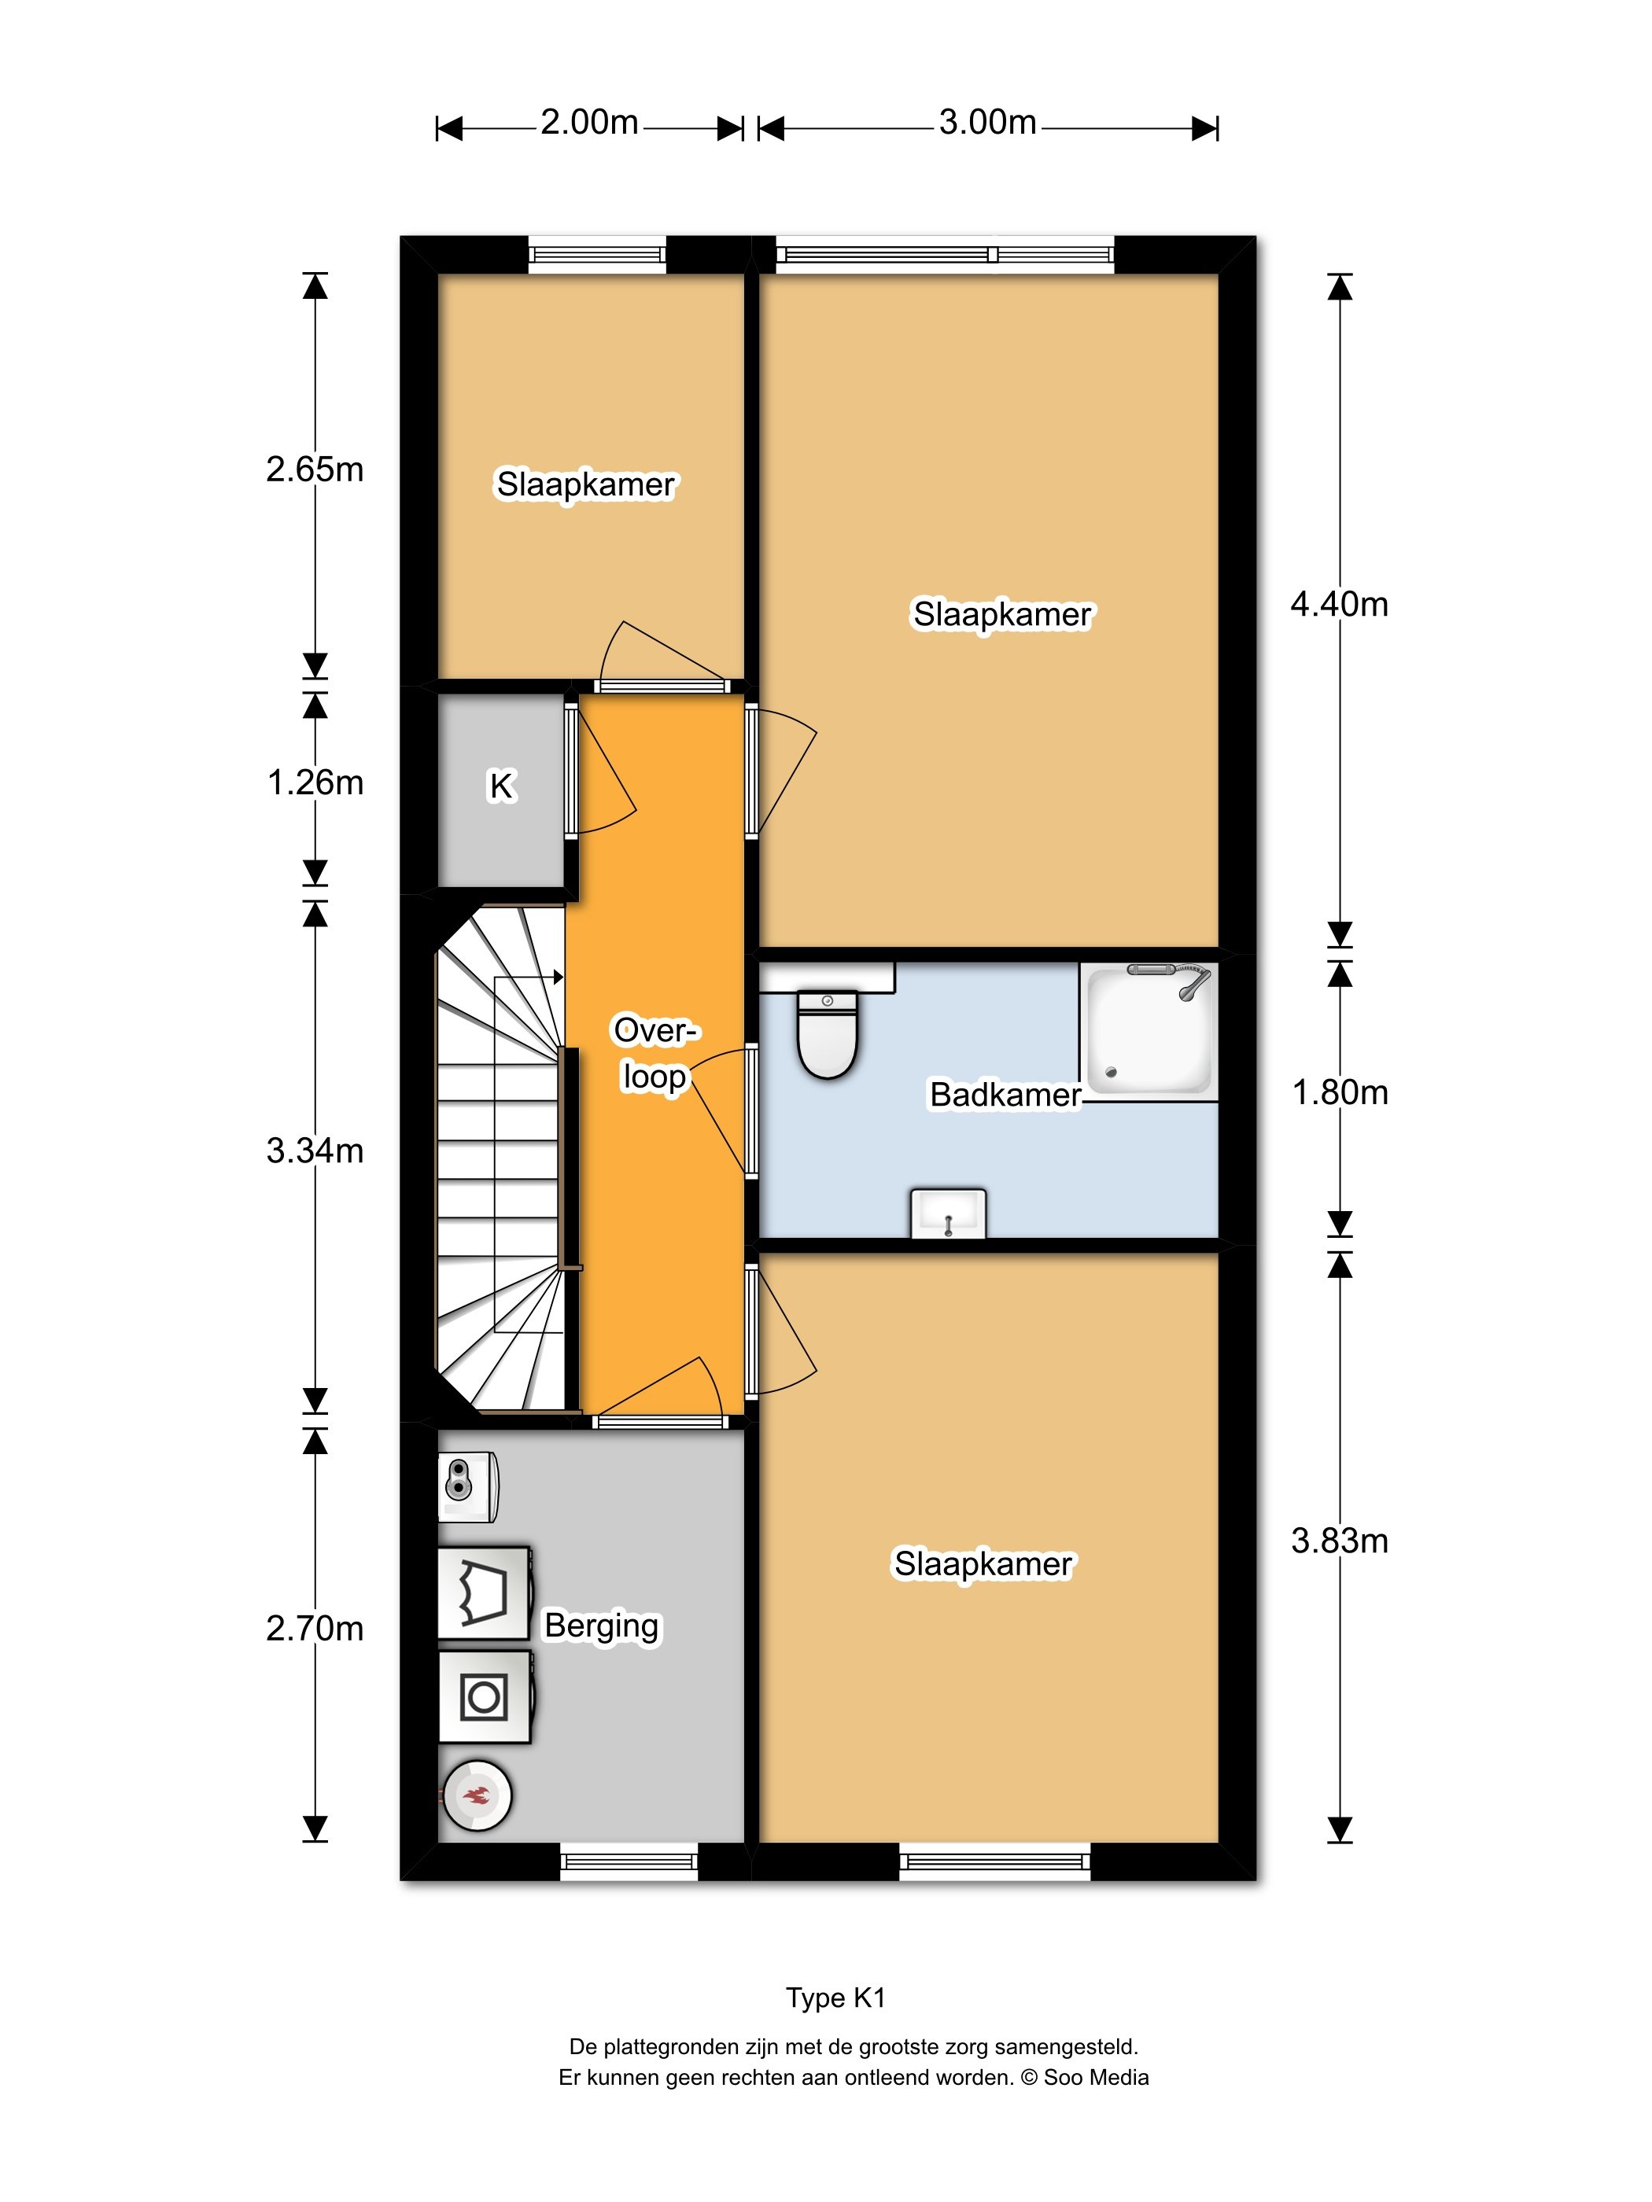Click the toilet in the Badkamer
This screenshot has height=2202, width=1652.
point(827,1033)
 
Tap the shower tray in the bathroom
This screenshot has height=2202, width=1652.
point(1148,1029)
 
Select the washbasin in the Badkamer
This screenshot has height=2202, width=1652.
point(948,1213)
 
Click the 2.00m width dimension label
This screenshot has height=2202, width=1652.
point(589,123)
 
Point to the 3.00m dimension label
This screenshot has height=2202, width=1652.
point(988,123)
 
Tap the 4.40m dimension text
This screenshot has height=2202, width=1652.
point(1340,604)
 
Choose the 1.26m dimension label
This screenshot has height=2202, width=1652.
point(315,783)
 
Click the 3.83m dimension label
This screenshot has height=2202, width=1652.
point(1340,1541)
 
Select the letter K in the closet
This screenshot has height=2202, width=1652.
point(501,786)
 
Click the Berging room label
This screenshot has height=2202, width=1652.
point(602,1626)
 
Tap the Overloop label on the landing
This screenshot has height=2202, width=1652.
point(655,1053)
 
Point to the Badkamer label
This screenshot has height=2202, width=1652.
point(1005,1095)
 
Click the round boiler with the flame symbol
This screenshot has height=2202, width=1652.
point(476,1796)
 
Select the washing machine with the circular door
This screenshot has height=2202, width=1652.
point(485,1697)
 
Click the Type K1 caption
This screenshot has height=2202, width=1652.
point(835,1998)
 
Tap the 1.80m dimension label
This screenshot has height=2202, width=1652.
point(1340,1093)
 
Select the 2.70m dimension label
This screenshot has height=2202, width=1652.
point(315,1629)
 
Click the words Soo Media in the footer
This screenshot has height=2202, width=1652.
point(1095,2078)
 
